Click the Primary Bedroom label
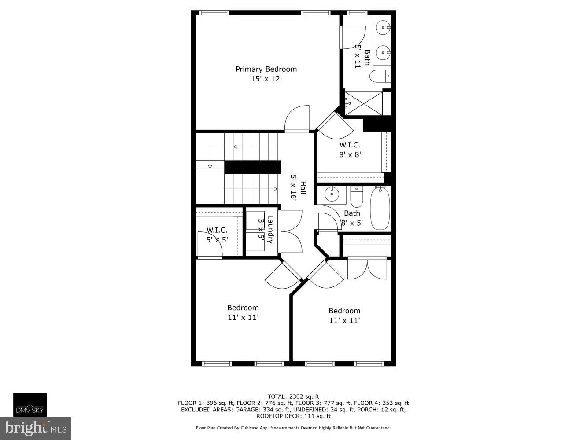tap(266, 69)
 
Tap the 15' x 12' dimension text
tap(266, 79)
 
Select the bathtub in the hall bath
tap(380, 208)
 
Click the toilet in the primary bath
tap(380, 77)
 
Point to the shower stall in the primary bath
tap(363, 104)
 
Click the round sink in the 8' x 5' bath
tap(330, 194)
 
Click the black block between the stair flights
tap(252, 167)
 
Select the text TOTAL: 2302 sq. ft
tap(293, 396)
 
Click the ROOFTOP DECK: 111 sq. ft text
tap(293, 416)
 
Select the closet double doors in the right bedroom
tap(367, 269)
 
